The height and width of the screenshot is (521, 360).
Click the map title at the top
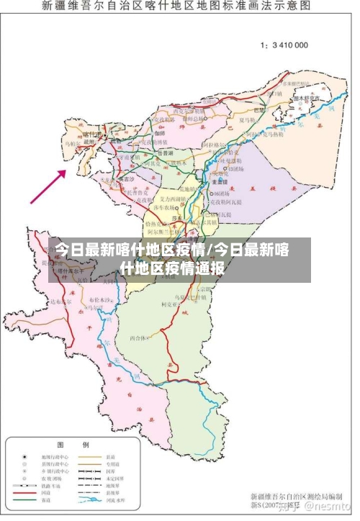click(x=176, y=6)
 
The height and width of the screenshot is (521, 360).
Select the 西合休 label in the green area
click(x=138, y=337)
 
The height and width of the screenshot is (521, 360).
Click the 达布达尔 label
click(x=59, y=302)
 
